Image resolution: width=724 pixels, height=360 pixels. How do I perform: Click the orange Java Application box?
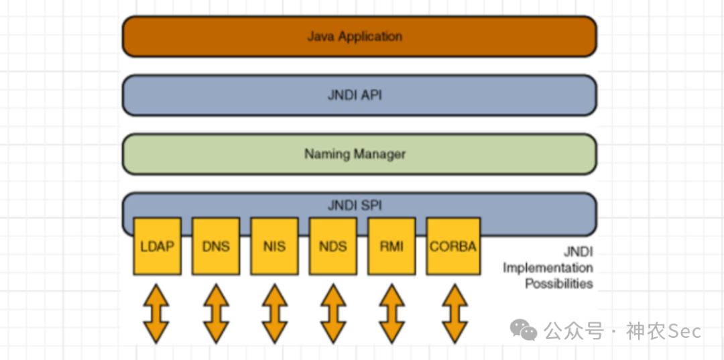(359, 36)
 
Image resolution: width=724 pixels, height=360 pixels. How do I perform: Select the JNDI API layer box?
(359, 95)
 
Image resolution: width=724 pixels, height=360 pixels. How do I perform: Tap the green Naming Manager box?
(359, 154)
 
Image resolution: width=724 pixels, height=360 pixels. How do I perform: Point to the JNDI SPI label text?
(355, 205)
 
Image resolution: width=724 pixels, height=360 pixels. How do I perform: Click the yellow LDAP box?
(157, 246)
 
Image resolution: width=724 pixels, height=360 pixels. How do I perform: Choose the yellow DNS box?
(216, 246)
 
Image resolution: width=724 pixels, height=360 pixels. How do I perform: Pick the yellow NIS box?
(274, 246)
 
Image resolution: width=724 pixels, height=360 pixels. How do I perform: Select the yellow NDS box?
(333, 246)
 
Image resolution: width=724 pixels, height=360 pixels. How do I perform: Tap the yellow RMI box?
(391, 246)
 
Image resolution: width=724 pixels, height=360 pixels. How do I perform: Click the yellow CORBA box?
(453, 246)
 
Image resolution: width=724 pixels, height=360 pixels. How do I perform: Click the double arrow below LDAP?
(156, 313)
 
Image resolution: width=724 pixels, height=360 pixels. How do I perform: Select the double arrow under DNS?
(216, 313)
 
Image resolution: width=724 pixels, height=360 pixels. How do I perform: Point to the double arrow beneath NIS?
(274, 313)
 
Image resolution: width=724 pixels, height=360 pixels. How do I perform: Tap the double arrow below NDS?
(333, 313)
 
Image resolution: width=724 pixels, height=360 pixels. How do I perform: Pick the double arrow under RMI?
(392, 313)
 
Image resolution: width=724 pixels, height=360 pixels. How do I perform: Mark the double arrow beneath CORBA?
(454, 313)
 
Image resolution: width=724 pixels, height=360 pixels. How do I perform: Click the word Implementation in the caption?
(548, 267)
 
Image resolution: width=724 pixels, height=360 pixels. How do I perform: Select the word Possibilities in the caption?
(558, 284)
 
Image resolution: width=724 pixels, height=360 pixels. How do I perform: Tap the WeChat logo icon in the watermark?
(524, 329)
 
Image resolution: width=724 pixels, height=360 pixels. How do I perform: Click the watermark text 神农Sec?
(664, 331)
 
